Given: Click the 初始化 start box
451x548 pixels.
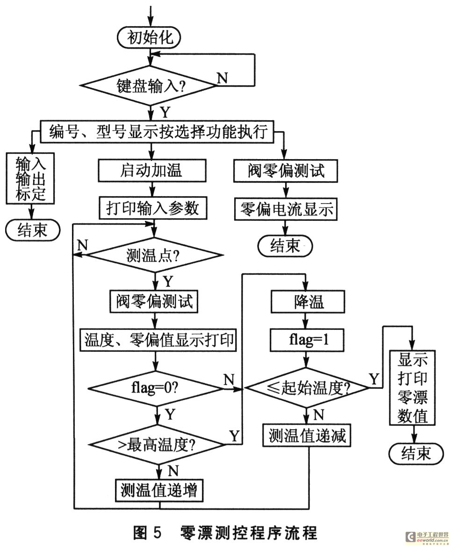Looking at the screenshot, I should click(x=150, y=37).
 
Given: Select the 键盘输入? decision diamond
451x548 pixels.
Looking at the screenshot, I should click(x=150, y=86).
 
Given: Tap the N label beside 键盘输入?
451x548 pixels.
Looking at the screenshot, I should click(x=222, y=78).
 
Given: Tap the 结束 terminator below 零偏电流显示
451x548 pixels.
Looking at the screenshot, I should click(x=285, y=246).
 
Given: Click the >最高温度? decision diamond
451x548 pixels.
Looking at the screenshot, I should click(x=156, y=442).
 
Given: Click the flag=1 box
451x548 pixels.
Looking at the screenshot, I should click(x=307, y=340).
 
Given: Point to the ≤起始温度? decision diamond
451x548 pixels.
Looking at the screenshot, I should click(x=308, y=388).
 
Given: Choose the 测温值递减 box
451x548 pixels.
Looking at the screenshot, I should click(x=308, y=436).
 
